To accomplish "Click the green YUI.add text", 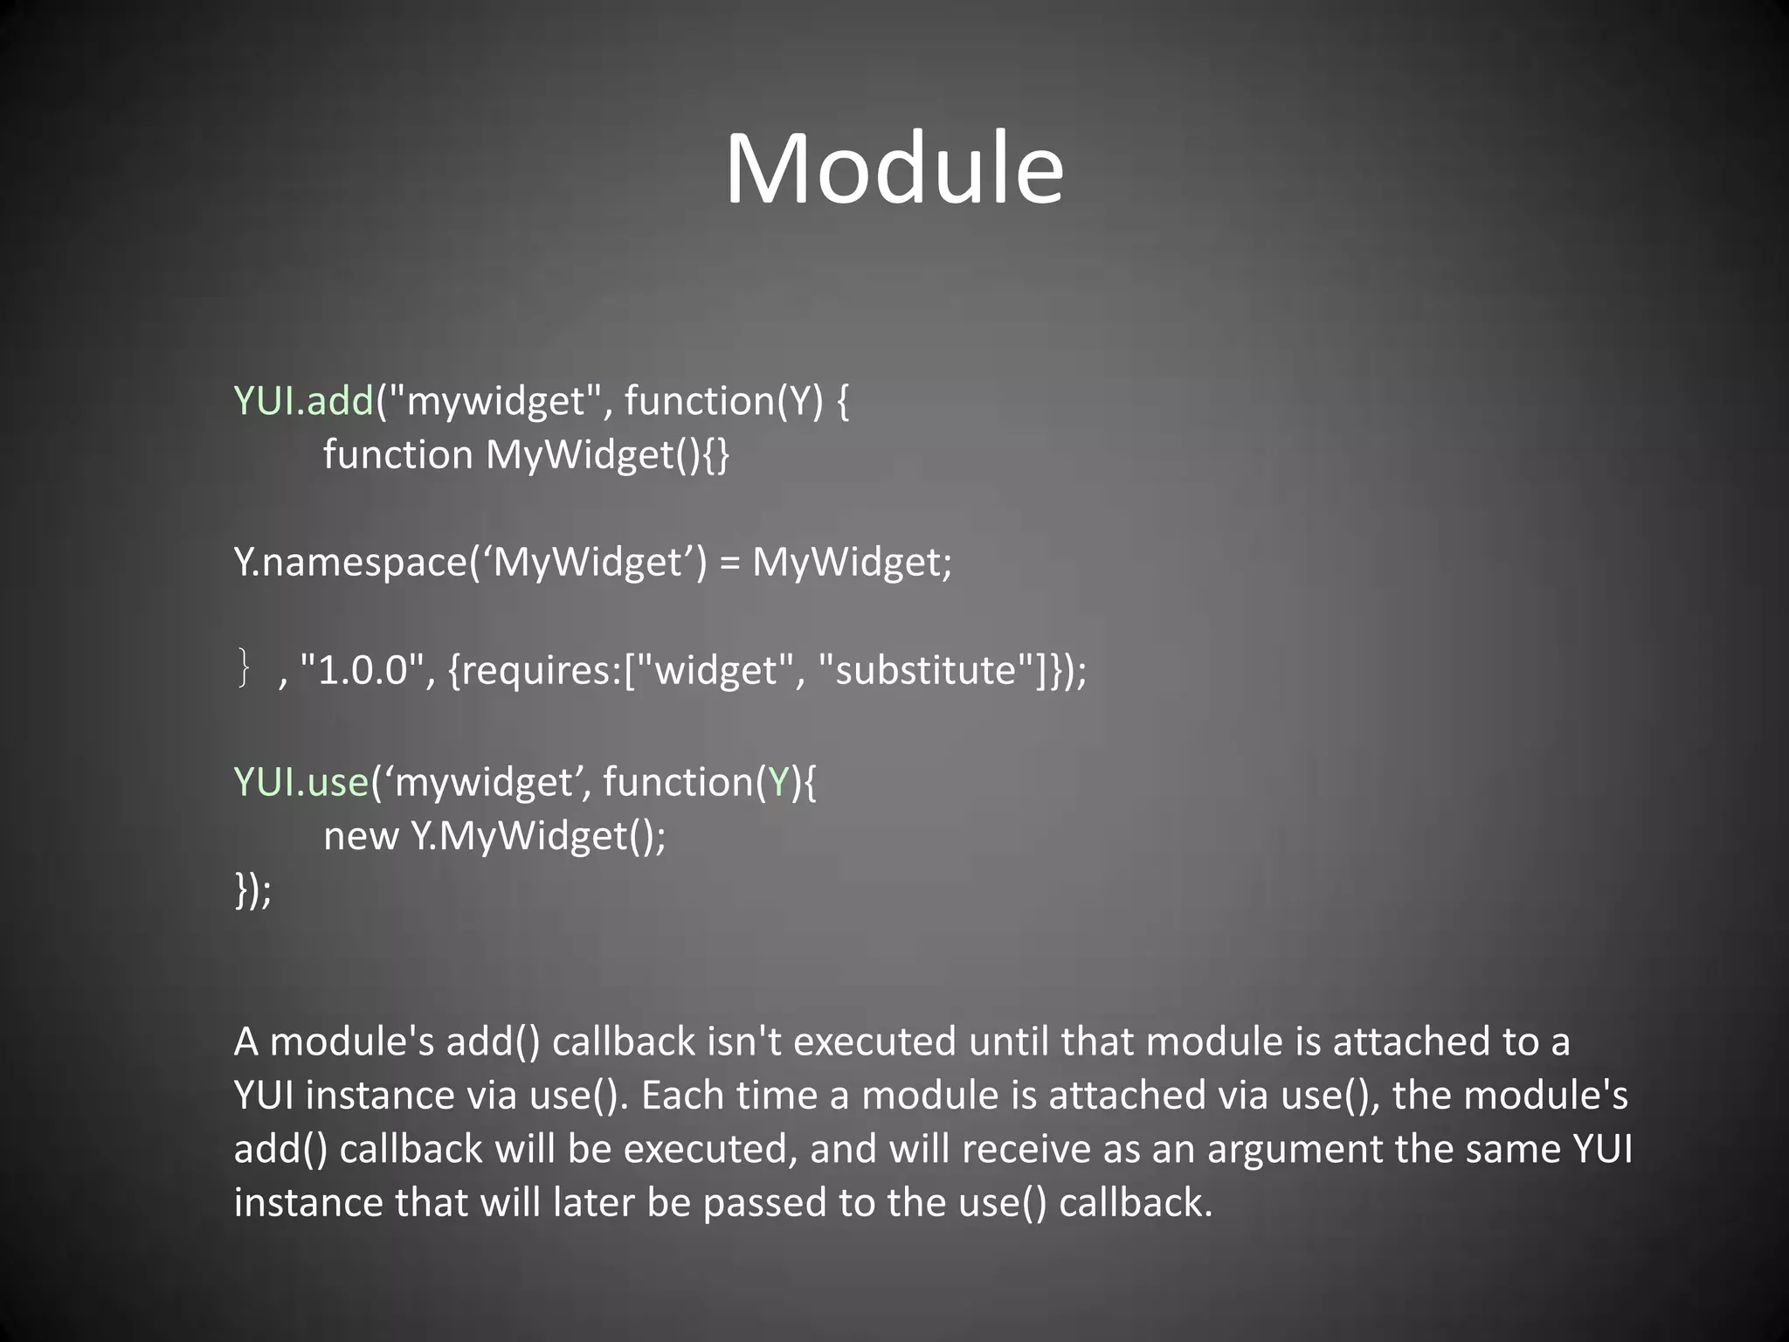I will point(303,401).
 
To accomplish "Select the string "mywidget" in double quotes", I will point(494,401).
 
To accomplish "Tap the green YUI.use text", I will point(301,781).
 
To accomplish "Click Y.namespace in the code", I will point(350,562).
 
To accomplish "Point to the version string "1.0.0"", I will point(362,671).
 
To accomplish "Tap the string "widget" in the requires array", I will point(715,671).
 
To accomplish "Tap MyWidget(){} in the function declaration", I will point(608,455).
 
